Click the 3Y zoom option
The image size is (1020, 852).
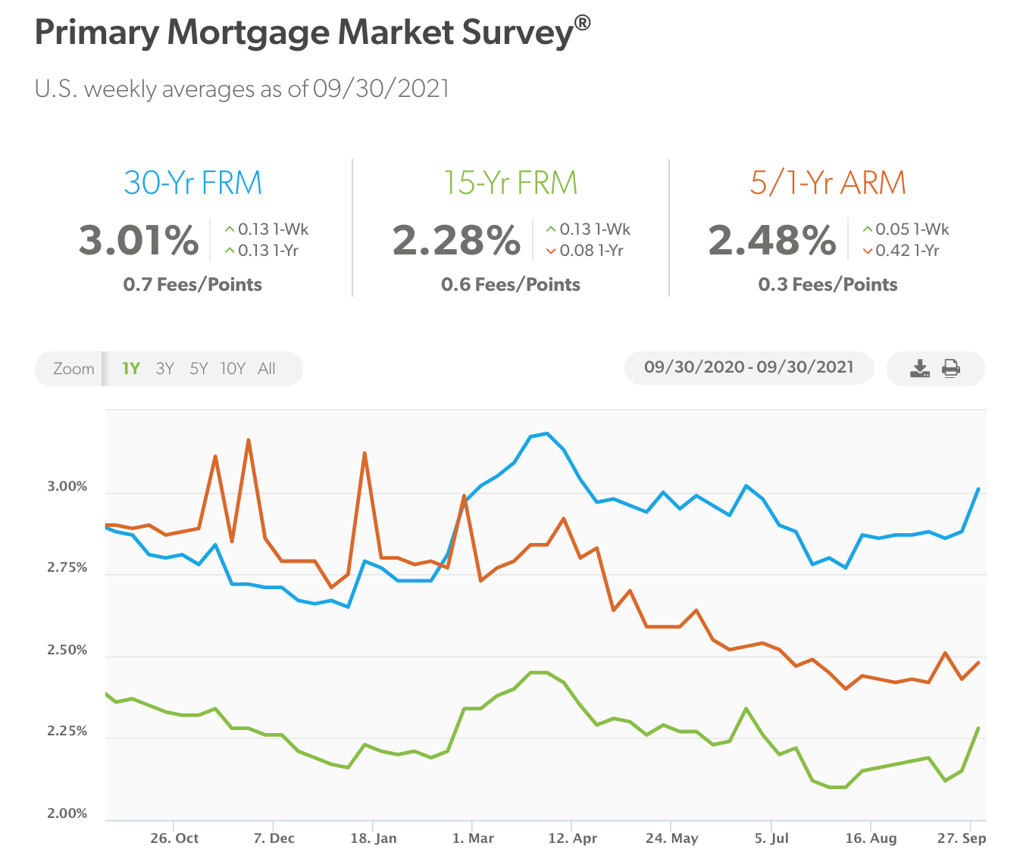point(164,369)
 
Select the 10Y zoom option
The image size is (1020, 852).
point(233,369)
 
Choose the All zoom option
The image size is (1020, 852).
point(267,369)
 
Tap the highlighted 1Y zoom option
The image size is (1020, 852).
point(131,369)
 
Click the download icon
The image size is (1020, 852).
point(919,369)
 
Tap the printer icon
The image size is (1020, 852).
point(951,369)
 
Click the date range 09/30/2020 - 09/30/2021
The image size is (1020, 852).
point(749,367)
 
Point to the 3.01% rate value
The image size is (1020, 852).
point(139,240)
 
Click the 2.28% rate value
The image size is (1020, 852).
point(456,240)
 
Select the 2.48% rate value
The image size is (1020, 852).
point(772,240)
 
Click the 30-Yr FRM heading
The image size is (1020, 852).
point(192,183)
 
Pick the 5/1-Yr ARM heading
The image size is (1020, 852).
point(828,183)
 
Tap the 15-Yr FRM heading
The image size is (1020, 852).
point(510,183)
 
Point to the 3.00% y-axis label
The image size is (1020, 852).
point(67,487)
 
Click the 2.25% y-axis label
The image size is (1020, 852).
point(67,732)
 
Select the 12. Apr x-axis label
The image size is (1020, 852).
point(573,838)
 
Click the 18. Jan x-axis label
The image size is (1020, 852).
point(374,838)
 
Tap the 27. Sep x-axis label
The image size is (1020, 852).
point(962,838)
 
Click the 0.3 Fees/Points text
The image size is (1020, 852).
point(828,285)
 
